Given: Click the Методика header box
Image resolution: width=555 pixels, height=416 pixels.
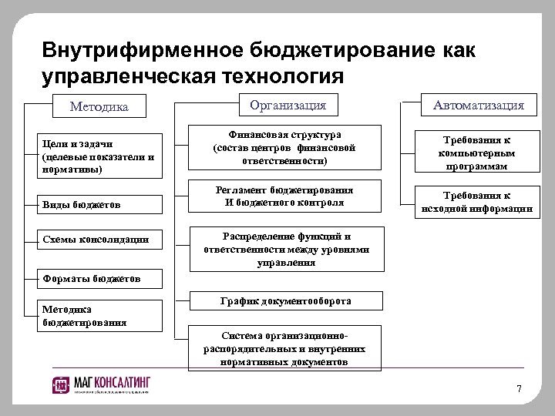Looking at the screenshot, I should (x=99, y=106).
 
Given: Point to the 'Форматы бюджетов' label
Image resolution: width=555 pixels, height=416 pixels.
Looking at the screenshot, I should (x=92, y=277).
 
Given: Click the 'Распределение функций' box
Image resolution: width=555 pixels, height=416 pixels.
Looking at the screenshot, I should (x=286, y=250).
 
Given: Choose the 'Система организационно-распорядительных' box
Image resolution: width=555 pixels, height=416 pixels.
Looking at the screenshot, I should (x=284, y=349).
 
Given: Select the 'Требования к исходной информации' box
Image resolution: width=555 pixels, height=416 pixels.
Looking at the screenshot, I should (x=475, y=202).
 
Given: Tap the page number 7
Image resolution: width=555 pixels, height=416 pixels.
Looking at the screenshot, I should (x=519, y=387).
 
